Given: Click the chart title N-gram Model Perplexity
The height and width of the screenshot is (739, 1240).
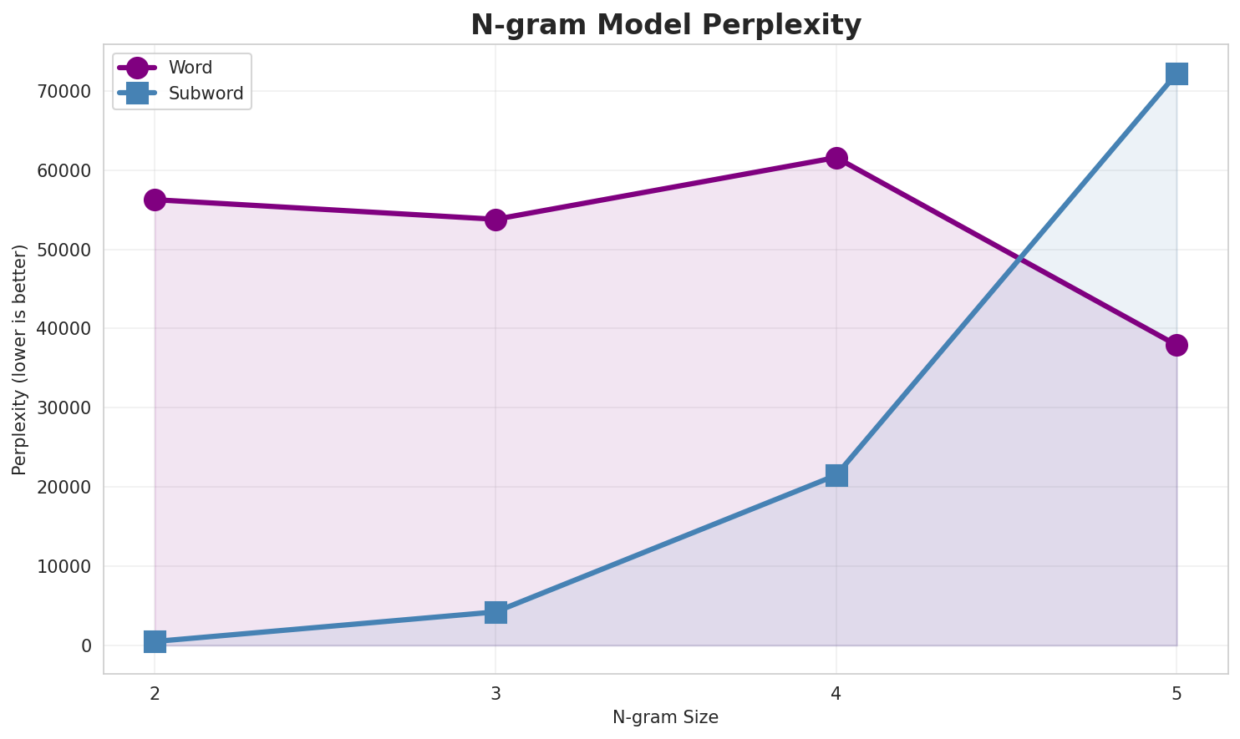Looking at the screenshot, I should pos(665,25).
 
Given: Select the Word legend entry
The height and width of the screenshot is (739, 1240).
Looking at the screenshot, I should pos(190,68).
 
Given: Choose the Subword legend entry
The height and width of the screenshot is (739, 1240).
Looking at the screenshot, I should pos(206,94).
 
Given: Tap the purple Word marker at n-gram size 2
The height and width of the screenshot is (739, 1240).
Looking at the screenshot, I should pos(155,200).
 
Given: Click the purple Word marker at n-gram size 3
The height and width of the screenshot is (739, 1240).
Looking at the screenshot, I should pos(495,220).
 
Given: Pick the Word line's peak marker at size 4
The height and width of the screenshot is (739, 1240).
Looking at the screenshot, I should pos(836,158).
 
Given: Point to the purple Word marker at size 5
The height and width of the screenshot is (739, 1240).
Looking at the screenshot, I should pos(1176,345).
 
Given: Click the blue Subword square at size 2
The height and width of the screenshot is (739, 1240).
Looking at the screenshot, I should pos(155,641).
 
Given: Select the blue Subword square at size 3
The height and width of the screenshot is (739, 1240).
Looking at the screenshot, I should pos(495,612).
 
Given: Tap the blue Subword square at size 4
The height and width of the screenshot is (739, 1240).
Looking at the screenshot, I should pos(836,475).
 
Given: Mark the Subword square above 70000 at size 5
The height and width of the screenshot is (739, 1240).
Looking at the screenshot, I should pos(1176,73).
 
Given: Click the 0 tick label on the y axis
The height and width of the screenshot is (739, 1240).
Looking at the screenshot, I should pos(87,645).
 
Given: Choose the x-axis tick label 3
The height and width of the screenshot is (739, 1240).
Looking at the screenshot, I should pos(495,693).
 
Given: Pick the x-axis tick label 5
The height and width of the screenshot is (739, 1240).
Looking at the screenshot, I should pos(1176,693).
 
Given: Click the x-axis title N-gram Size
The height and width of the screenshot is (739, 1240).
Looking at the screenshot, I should pos(665,717).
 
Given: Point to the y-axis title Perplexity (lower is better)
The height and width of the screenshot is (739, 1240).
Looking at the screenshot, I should pos(20,359).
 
